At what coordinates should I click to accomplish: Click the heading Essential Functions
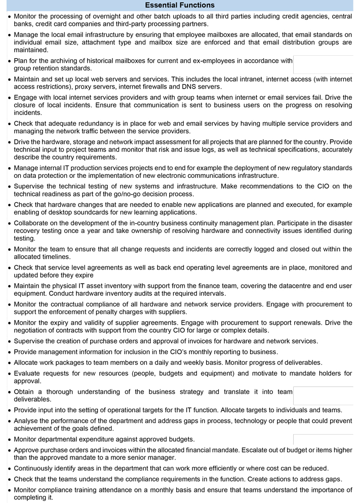[180, 5]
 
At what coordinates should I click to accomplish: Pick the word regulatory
[271, 168]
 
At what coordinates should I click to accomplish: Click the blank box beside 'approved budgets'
[323, 439]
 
